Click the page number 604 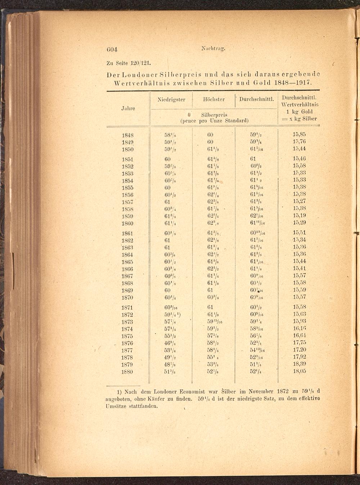pyautogui.click(x=112, y=49)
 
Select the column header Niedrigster pyautogui.click(x=171, y=100)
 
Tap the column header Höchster pyautogui.click(x=214, y=100)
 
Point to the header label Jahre pyautogui.click(x=128, y=108)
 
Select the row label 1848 pyautogui.click(x=128, y=135)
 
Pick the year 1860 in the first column pyautogui.click(x=128, y=223)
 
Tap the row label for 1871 pyautogui.click(x=128, y=308)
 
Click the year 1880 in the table pyautogui.click(x=127, y=372)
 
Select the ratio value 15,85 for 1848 pyautogui.click(x=299, y=135)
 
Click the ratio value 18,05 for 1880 pyautogui.click(x=299, y=371)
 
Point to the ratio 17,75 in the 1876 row pyautogui.click(x=299, y=343)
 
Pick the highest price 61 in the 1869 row pyautogui.click(x=210, y=290)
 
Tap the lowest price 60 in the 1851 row pyautogui.click(x=167, y=159)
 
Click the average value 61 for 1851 pyautogui.click(x=253, y=159)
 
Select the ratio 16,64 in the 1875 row pyautogui.click(x=299, y=336)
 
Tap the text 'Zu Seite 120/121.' pyautogui.click(x=128, y=63)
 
